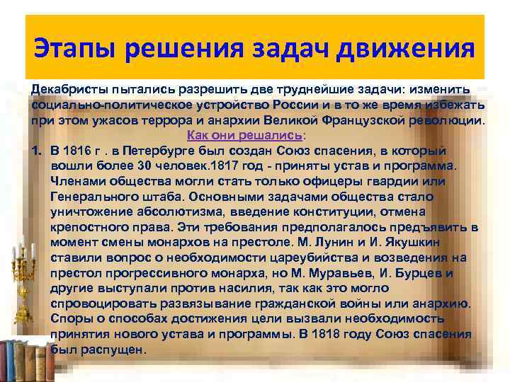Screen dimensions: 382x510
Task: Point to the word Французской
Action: [382, 120]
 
